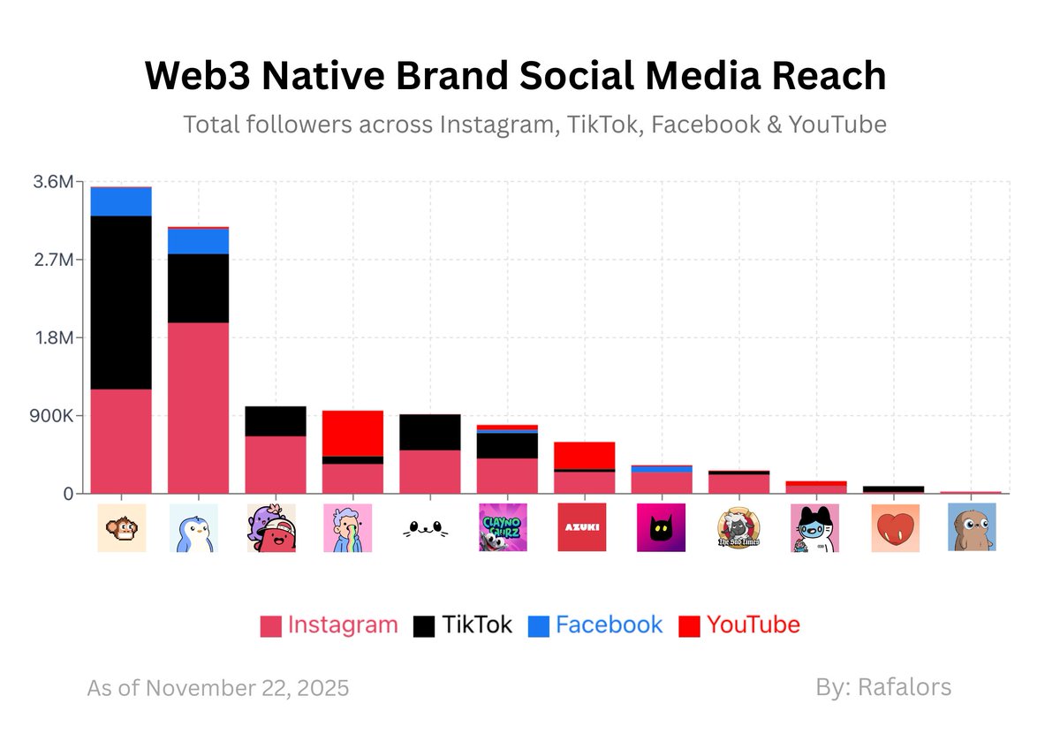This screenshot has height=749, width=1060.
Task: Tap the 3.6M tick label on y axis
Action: (55, 182)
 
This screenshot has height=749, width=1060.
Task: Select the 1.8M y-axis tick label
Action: (55, 338)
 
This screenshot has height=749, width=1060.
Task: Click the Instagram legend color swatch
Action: (270, 626)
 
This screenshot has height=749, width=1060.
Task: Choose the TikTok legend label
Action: (477, 625)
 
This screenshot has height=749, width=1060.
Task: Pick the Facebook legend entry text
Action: (609, 625)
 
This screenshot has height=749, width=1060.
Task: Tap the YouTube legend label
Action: (753, 625)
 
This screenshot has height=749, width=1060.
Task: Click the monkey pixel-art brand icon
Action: (122, 527)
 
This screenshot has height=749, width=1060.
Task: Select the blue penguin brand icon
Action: (193, 527)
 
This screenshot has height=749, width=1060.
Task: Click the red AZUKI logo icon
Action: (582, 527)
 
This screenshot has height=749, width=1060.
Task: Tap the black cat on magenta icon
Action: (661, 527)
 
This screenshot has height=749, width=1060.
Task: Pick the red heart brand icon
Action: (895, 527)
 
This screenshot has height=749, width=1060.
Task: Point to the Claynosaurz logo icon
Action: (503, 527)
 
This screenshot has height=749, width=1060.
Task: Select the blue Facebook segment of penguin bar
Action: (199, 241)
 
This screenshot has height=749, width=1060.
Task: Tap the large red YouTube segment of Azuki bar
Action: (585, 455)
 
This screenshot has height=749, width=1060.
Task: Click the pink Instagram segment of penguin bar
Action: (199, 407)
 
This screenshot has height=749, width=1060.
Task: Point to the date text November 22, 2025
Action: (246, 687)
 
